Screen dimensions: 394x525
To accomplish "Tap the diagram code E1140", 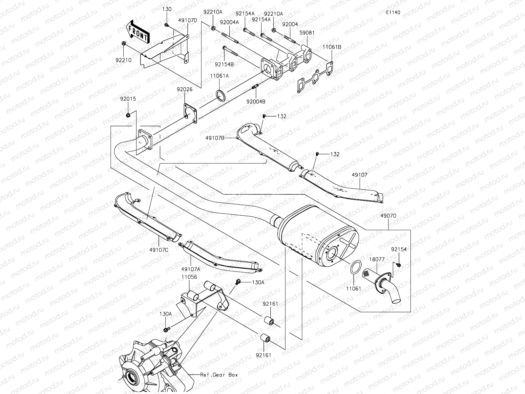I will coord(393,12).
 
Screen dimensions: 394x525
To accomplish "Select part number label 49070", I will coord(388,216).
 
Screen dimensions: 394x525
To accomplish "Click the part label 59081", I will coord(307,33).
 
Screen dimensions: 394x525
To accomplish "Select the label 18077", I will coord(377,259).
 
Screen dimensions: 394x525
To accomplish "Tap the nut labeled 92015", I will coord(128,115).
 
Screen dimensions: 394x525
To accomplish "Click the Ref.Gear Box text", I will coord(219,375).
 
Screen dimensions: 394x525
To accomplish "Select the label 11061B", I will coord(332,47).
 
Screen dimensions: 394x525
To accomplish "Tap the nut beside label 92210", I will coord(124,43).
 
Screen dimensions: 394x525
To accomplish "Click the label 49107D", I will coord(188,20).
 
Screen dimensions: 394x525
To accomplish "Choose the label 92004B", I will coord(256,101).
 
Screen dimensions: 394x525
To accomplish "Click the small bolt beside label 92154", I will coord(398,264).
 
